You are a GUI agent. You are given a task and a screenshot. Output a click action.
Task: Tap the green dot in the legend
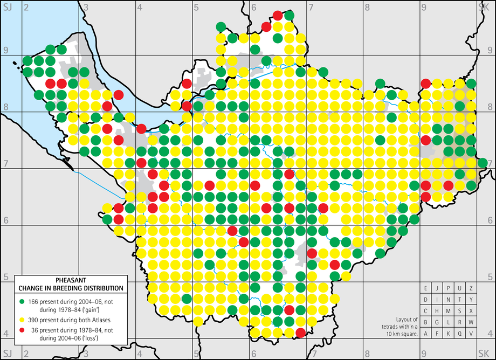[x=22, y=299]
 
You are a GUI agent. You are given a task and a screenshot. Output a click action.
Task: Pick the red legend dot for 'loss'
[x=22, y=330]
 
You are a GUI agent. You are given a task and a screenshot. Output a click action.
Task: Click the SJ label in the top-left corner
[x=7, y=6]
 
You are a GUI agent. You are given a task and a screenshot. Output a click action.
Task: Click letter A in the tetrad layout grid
[x=425, y=334]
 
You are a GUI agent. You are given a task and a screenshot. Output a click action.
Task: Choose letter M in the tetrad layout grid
[x=448, y=310]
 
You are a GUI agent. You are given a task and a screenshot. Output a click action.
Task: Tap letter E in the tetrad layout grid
[x=425, y=288]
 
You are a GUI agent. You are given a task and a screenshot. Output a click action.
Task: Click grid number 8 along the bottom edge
[x=367, y=354]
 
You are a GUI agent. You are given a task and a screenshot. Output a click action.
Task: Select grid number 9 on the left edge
[x=6, y=50]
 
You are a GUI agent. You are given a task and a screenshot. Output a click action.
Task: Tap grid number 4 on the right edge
[x=490, y=333]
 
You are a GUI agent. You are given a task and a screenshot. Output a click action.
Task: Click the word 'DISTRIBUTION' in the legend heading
[x=100, y=288]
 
